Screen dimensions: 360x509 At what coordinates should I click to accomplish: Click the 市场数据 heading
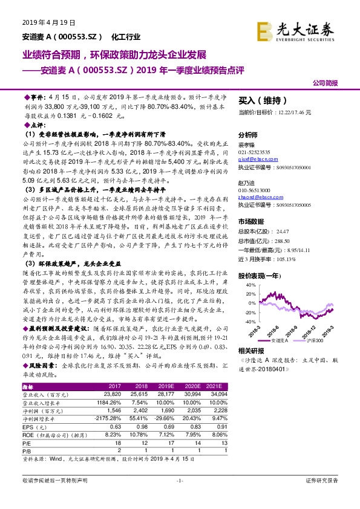pos(251,221)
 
